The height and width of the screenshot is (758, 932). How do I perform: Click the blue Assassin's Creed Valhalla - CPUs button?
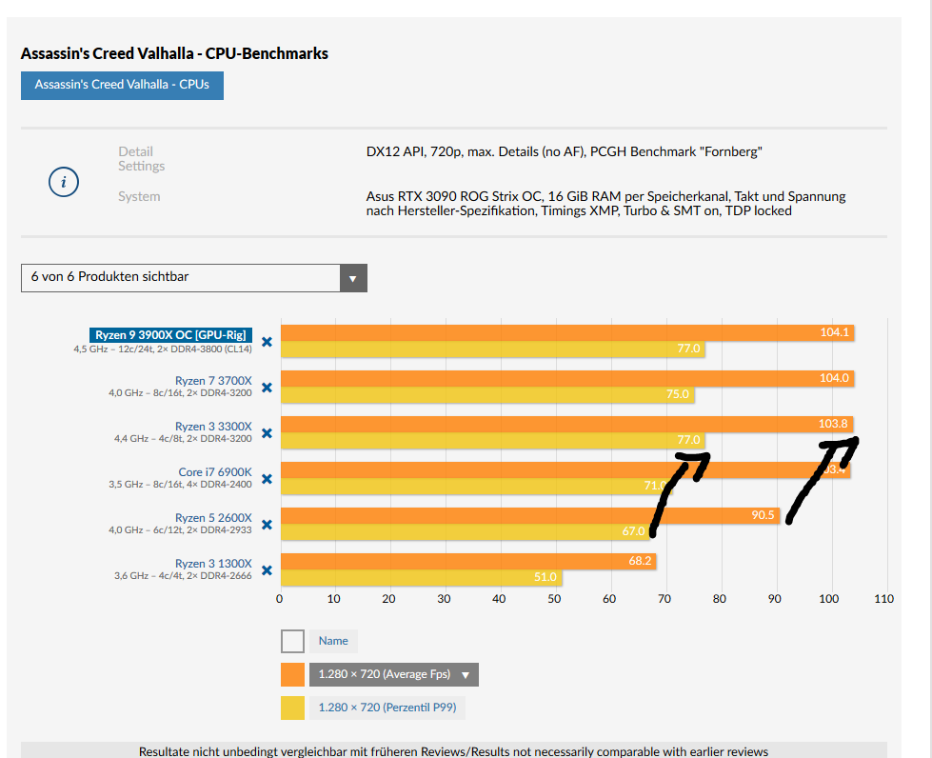click(122, 85)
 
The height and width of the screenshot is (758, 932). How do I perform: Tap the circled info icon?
click(63, 182)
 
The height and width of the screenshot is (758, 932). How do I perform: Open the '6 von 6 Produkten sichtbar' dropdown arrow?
click(352, 278)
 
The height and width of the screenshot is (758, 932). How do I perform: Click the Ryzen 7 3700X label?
click(213, 381)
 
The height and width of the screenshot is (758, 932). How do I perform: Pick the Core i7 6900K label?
click(215, 472)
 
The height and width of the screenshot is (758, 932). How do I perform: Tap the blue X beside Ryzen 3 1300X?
click(268, 570)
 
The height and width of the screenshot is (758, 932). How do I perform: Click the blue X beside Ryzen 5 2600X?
click(268, 525)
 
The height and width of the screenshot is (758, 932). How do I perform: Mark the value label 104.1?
click(834, 332)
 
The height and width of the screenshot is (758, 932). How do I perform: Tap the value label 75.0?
click(677, 394)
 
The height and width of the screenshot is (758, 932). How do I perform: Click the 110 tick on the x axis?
click(883, 599)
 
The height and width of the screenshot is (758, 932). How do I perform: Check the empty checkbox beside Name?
click(292, 641)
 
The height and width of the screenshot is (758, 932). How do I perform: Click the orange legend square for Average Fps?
click(292, 675)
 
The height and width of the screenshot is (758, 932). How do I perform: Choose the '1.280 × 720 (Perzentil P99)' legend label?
click(387, 708)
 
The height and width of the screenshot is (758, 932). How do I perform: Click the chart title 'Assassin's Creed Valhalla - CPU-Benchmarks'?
click(174, 53)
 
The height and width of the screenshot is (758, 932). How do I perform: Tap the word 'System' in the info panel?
click(139, 197)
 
